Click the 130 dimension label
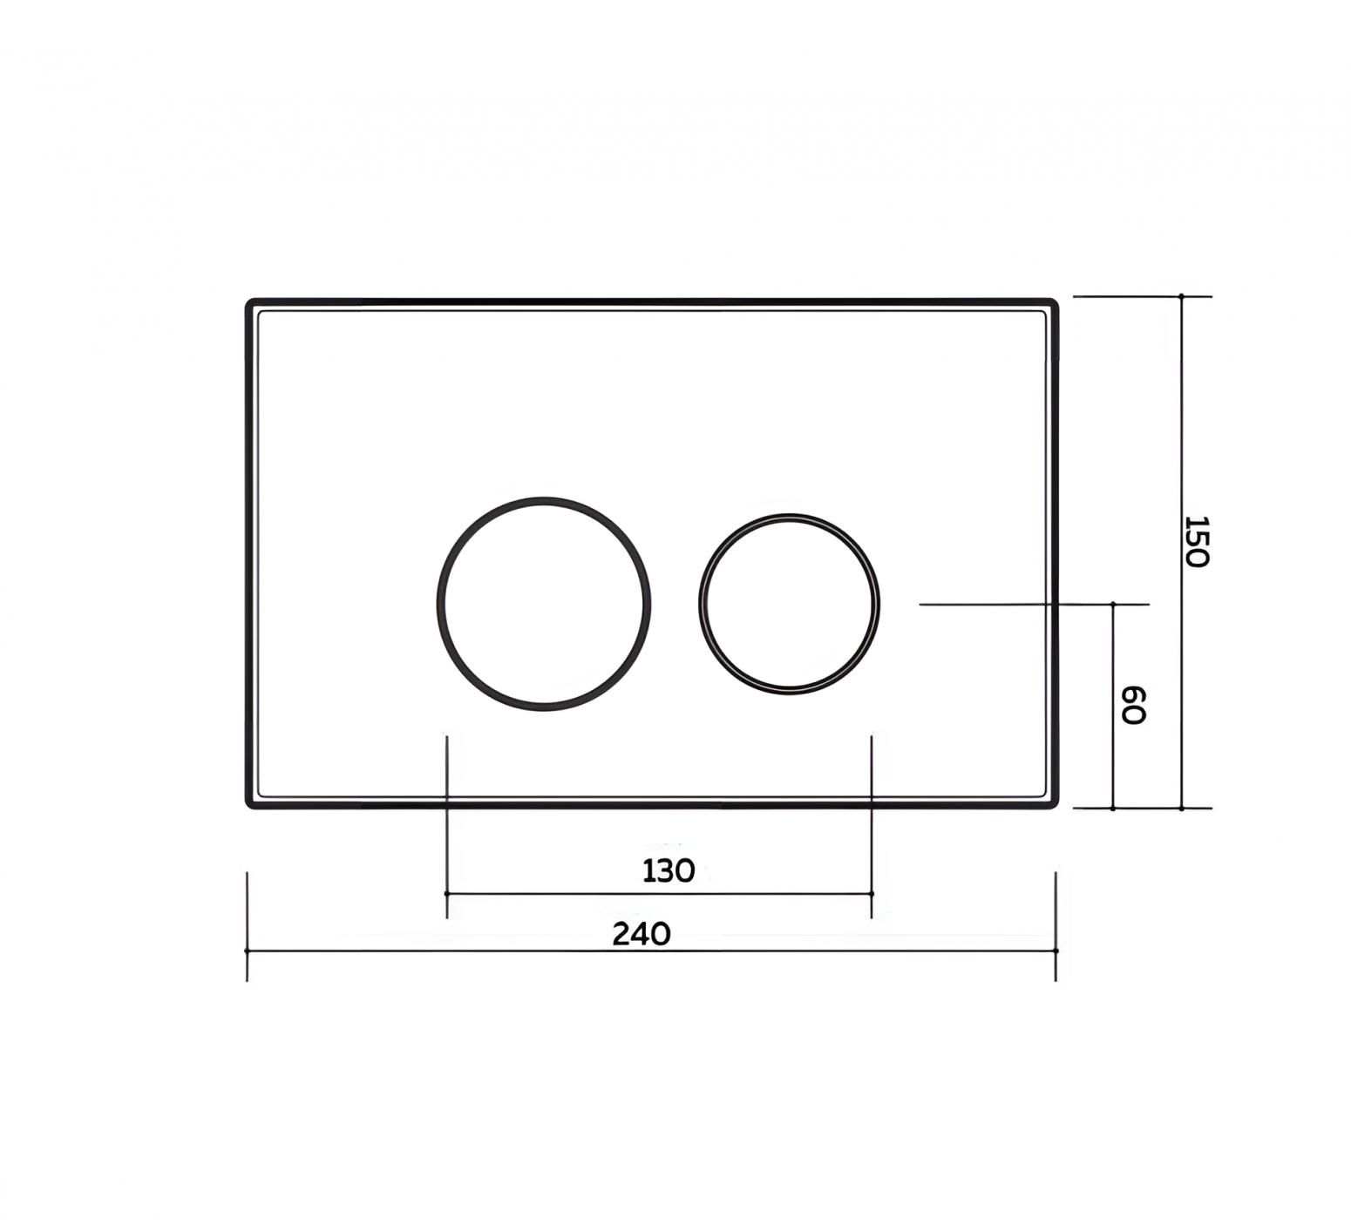[x=669, y=870]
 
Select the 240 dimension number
[x=642, y=934]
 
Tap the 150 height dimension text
[x=1197, y=541]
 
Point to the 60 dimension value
[x=1132, y=705]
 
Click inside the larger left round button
[x=544, y=604]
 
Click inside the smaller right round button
[x=789, y=604]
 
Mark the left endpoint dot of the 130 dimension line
[x=446, y=894]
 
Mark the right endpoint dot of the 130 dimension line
[x=872, y=894]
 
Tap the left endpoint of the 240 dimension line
[x=248, y=951]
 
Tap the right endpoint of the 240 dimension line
[x=1056, y=951]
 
